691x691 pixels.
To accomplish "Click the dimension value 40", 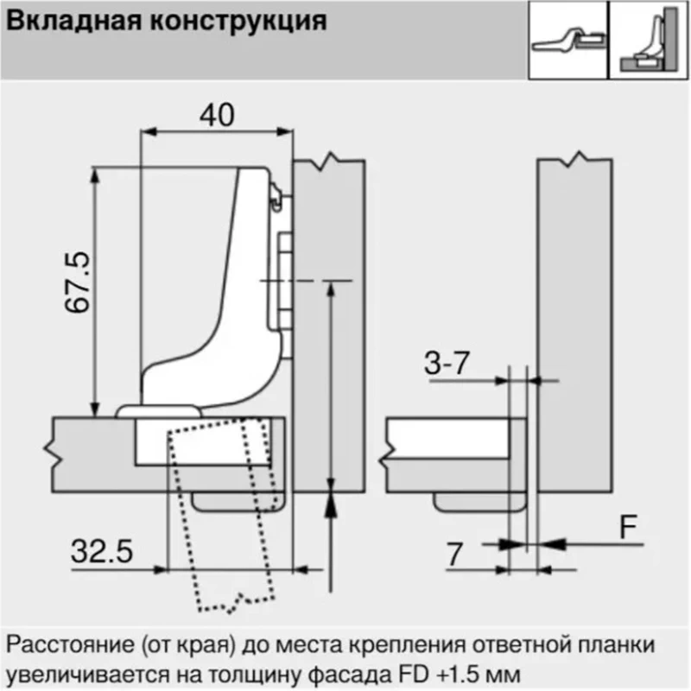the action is pyautogui.click(x=217, y=115).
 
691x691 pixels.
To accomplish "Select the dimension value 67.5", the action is pyautogui.click(x=78, y=282).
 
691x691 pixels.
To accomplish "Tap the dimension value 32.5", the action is pyautogui.click(x=102, y=551).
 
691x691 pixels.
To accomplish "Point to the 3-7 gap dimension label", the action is pyautogui.click(x=447, y=364).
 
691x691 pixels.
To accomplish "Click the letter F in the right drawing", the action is pyautogui.click(x=629, y=527).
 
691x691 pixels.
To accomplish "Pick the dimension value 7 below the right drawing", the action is pyautogui.click(x=455, y=555).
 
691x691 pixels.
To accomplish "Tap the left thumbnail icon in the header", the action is pyautogui.click(x=568, y=40).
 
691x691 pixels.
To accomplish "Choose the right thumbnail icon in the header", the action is pyautogui.click(x=649, y=40).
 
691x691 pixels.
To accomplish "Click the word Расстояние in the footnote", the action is pyautogui.click(x=70, y=645).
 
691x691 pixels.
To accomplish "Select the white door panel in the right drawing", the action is pyautogui.click(x=447, y=439).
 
